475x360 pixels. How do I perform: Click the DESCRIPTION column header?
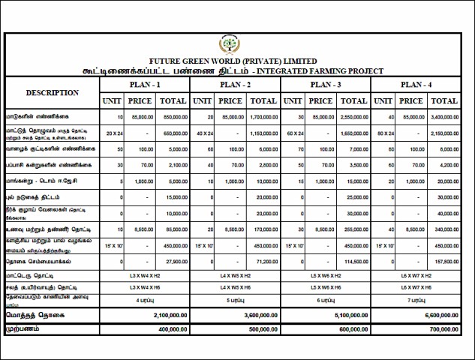(x=53, y=92)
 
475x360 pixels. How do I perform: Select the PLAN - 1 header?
(x=145, y=84)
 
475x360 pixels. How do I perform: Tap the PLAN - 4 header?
(x=416, y=84)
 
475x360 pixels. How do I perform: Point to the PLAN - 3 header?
(x=326, y=84)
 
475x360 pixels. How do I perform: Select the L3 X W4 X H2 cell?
(x=145, y=275)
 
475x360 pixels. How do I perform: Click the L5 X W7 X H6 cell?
(x=416, y=286)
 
